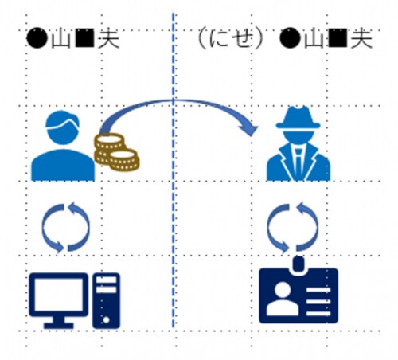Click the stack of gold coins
click(117, 152)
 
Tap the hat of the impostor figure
click(298, 118)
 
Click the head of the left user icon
click(62, 127)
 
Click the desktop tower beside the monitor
click(106, 300)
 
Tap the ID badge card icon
click(298, 295)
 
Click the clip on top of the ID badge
click(298, 264)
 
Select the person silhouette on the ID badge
click(283, 299)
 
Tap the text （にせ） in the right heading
click(230, 39)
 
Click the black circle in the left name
click(37, 39)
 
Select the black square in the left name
click(84, 39)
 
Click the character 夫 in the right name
click(361, 39)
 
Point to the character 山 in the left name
click(61, 40)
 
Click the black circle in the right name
click(290, 39)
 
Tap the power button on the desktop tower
click(106, 320)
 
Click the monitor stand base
click(59, 325)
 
